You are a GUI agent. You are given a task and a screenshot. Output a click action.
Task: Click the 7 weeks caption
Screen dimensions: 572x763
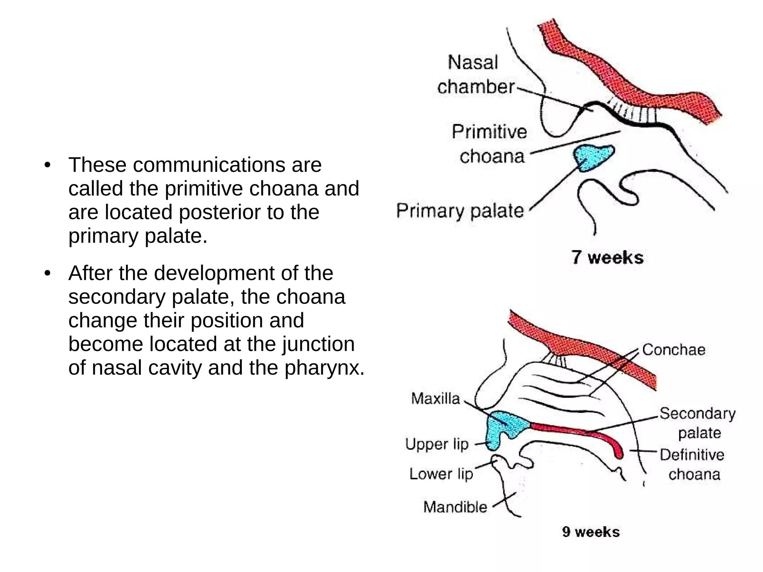(x=607, y=257)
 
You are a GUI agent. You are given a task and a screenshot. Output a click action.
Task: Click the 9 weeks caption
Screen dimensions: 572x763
(x=591, y=532)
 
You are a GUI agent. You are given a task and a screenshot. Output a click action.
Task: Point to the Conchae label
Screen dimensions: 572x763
(x=674, y=350)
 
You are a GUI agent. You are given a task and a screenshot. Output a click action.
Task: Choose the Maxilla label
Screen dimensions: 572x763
(x=436, y=399)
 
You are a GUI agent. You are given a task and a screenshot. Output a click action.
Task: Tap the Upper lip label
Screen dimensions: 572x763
(x=437, y=444)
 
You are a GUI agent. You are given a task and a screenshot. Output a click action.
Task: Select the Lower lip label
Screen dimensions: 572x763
(x=441, y=474)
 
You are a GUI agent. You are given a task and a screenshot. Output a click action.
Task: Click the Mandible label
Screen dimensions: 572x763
(x=455, y=507)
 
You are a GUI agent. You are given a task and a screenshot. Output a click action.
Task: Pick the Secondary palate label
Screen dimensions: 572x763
(x=698, y=423)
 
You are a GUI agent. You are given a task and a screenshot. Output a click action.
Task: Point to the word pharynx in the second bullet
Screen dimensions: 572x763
(x=324, y=368)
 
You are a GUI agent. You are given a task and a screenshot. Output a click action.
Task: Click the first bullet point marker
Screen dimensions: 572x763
(x=47, y=165)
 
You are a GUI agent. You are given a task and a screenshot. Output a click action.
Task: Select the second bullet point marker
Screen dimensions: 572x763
(x=47, y=274)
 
